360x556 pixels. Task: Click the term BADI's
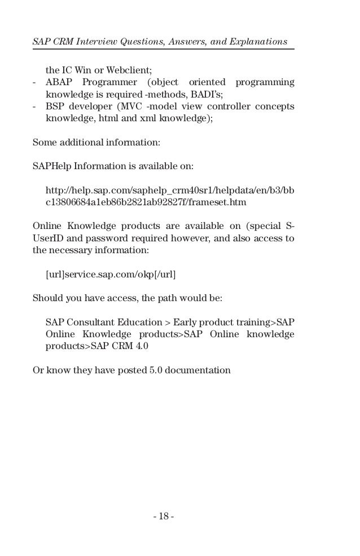point(208,95)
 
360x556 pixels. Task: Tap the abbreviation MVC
point(131,107)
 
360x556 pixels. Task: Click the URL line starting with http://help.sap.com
point(169,192)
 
